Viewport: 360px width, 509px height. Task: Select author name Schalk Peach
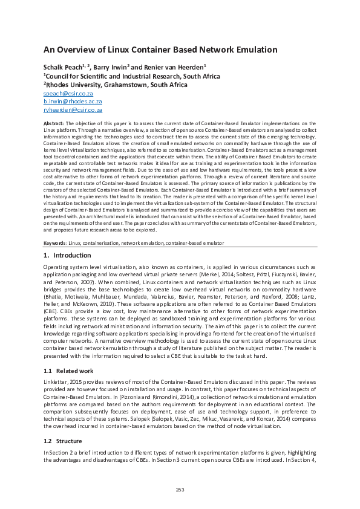tap(64, 68)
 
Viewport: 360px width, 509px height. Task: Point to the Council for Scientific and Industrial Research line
tap(131, 77)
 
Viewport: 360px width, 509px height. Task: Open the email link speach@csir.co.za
tap(68, 94)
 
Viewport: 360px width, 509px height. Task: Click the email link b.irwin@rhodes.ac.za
tap(73, 103)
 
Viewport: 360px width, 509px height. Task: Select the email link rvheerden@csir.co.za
tap(73, 111)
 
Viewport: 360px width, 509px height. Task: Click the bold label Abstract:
tap(54, 123)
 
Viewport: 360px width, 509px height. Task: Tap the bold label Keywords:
tap(56, 243)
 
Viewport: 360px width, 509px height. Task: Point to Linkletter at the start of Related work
tap(56, 382)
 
